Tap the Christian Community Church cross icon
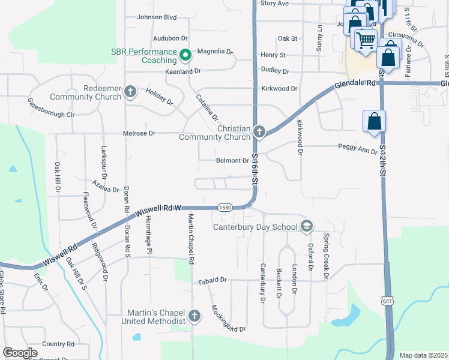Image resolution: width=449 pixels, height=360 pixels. click(x=259, y=131)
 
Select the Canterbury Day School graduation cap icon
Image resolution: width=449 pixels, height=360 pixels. click(x=307, y=226)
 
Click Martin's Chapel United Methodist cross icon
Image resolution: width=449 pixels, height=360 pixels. click(x=194, y=316)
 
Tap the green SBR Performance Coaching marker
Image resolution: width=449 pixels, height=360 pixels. click(x=185, y=56)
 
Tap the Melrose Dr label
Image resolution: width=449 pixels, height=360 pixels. click(x=139, y=133)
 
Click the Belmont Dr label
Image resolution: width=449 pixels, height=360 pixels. click(x=232, y=161)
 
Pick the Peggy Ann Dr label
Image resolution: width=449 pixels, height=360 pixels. click(x=358, y=147)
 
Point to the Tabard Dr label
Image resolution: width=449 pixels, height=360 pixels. click(x=212, y=280)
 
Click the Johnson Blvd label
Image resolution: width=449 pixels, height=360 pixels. click(x=157, y=17)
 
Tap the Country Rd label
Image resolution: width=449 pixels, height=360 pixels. click(x=58, y=344)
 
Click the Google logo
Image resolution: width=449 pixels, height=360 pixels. click(x=20, y=353)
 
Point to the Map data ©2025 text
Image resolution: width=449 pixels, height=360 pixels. click(x=423, y=355)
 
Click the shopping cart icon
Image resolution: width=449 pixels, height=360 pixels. click(x=366, y=41)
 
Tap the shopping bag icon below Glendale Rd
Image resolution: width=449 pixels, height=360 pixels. click(x=374, y=121)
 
